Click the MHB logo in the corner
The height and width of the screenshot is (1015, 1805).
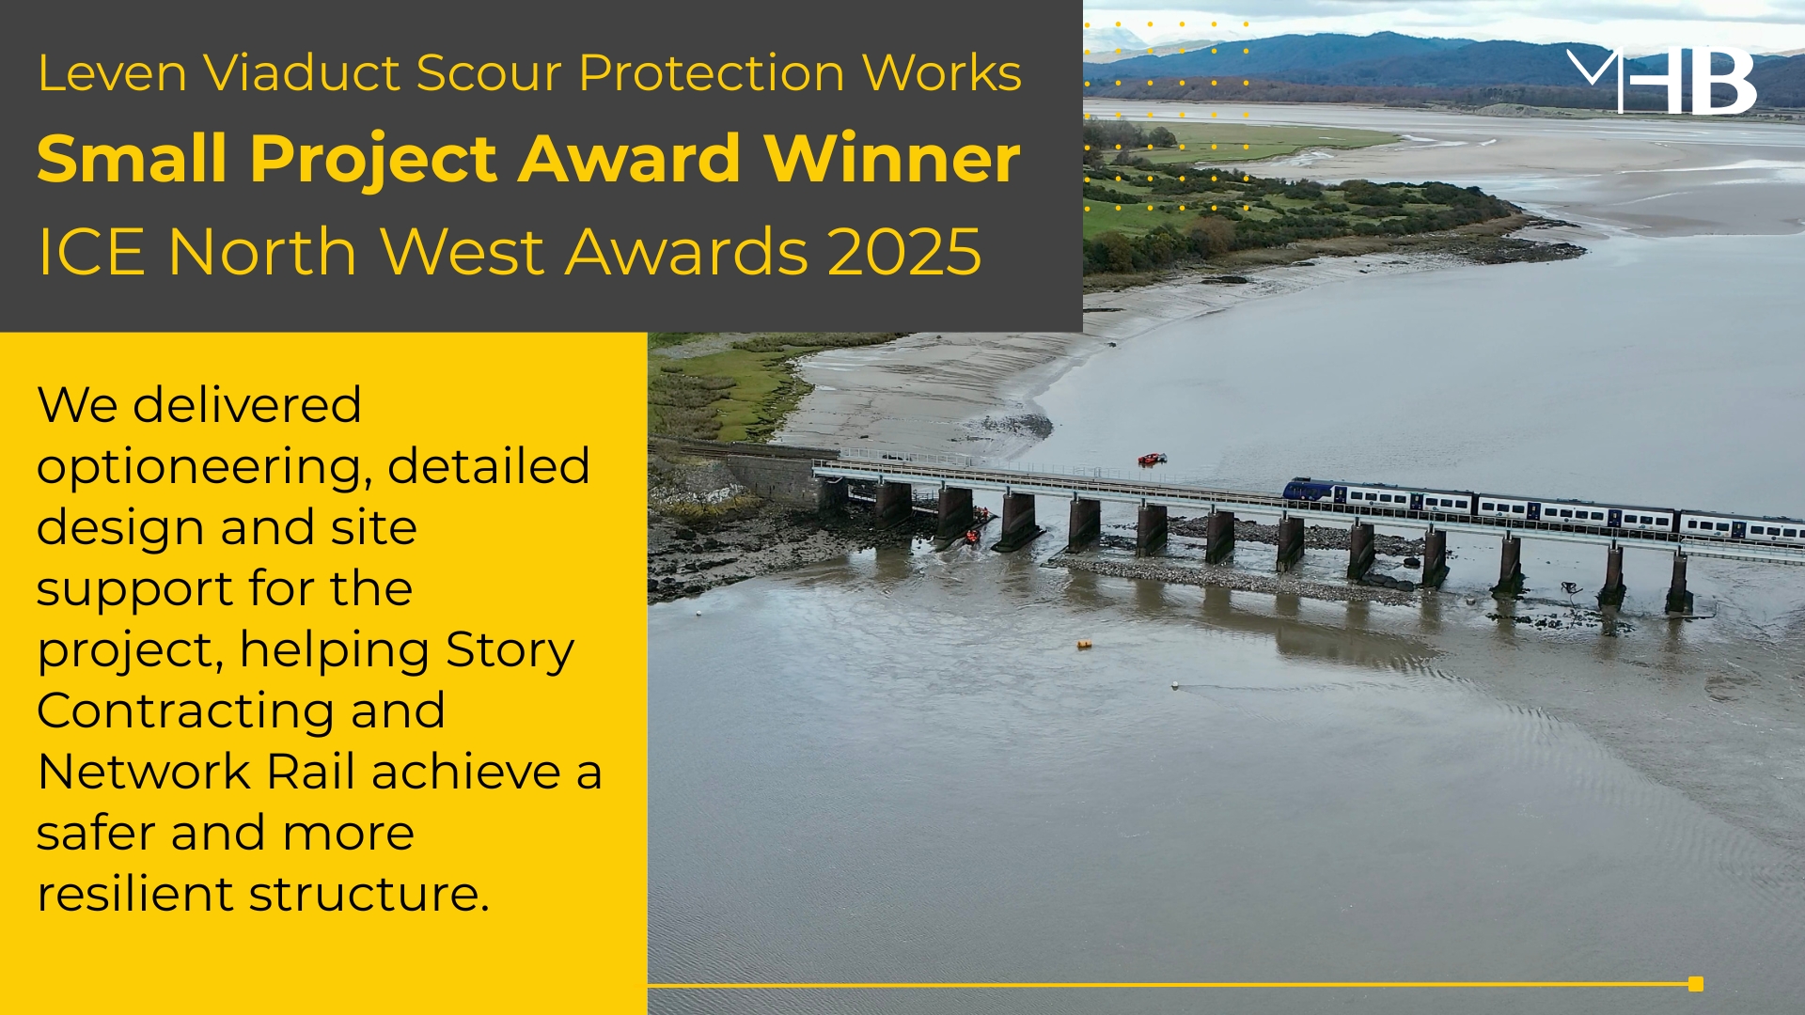pos(1662,81)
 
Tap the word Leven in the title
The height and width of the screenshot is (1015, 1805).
pos(113,72)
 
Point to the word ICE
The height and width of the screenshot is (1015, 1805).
pos(92,252)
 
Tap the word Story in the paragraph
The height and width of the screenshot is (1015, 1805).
pos(510,650)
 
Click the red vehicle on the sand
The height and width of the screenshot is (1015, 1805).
pos(1152,459)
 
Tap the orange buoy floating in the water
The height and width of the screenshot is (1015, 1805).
pos(1085,645)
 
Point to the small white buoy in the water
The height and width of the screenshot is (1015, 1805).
pos(1175,685)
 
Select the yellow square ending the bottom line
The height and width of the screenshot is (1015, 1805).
pos(1696,984)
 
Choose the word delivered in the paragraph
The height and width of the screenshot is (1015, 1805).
pos(247,405)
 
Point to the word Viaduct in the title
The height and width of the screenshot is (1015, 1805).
pos(302,72)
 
